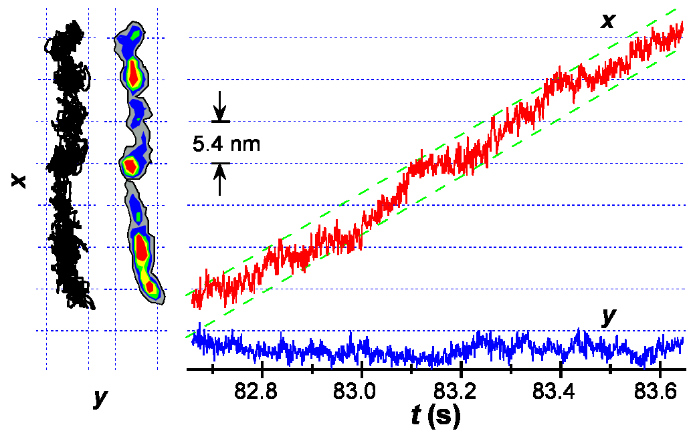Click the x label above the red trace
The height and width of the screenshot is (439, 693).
(x=607, y=21)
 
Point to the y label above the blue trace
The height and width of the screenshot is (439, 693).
(x=608, y=317)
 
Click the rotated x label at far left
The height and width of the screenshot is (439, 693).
(x=19, y=181)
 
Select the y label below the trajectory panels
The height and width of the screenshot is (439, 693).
(x=100, y=398)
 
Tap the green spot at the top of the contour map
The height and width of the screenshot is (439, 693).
(x=136, y=31)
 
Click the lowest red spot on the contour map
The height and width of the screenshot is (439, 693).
(x=151, y=287)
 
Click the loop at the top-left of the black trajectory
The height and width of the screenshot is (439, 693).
(x=50, y=43)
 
